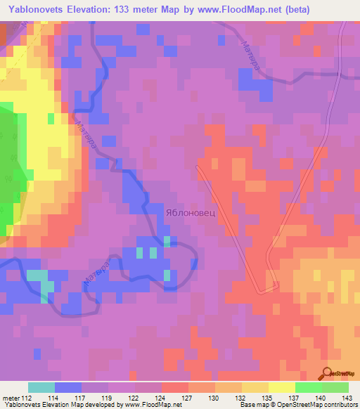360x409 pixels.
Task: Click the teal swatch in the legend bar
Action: (x=41, y=387)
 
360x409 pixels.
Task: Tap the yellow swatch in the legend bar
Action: (x=281, y=387)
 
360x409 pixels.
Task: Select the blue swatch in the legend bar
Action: (x=68, y=387)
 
